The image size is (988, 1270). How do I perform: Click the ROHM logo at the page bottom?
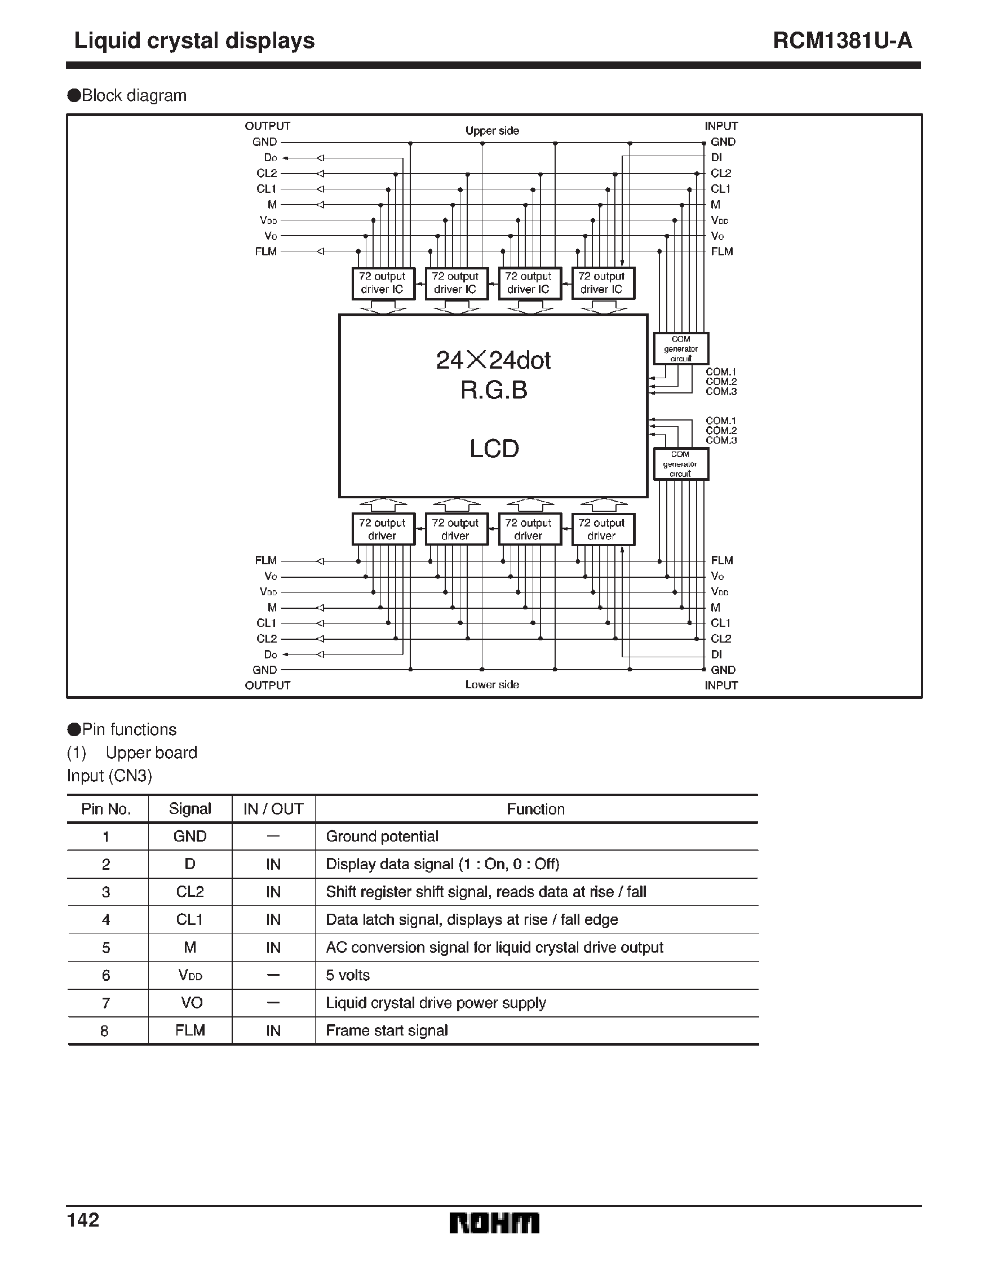click(494, 1223)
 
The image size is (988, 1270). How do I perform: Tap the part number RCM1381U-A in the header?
click(842, 41)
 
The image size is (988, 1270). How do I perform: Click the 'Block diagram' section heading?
click(134, 95)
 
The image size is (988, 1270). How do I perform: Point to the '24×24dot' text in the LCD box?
click(493, 361)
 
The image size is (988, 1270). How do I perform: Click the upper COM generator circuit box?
click(680, 348)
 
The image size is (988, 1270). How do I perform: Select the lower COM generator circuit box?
click(680, 464)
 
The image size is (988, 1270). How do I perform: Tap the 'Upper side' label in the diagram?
click(492, 131)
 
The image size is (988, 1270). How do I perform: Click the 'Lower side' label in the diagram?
click(492, 684)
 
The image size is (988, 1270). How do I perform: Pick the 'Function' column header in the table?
click(535, 809)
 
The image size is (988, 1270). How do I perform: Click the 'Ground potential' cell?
click(382, 836)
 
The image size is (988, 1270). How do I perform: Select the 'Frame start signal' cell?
click(387, 1030)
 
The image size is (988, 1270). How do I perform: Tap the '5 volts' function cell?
click(348, 975)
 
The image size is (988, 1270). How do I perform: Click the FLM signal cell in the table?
click(190, 1030)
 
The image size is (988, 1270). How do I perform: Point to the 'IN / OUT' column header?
click(273, 809)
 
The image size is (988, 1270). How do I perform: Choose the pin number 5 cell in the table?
click(106, 948)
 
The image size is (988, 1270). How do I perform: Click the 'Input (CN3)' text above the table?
click(109, 776)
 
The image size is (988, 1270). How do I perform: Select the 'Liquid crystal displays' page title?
click(194, 41)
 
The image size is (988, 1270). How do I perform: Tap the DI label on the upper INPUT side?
click(716, 158)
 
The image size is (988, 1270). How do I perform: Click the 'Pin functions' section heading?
click(129, 729)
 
